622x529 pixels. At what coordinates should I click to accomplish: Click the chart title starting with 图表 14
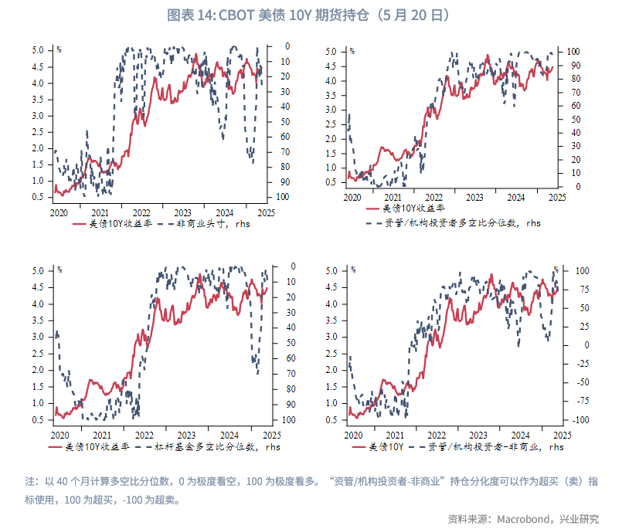(x=310, y=15)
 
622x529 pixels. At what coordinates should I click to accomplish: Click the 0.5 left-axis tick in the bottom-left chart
(x=59, y=420)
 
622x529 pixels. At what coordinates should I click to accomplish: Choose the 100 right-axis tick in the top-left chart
(x=284, y=197)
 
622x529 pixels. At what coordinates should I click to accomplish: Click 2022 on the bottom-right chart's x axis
(x=436, y=434)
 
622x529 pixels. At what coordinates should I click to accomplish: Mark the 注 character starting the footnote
(x=31, y=481)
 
